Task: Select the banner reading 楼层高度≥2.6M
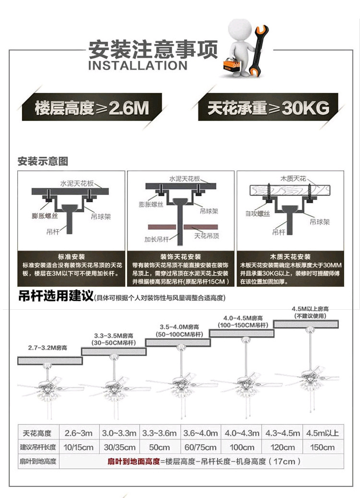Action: (92, 107)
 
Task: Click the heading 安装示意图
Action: (43, 161)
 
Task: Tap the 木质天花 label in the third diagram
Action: (296, 179)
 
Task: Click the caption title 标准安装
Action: (71, 257)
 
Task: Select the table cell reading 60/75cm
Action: (201, 447)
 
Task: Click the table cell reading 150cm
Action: (322, 447)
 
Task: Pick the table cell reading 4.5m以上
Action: (322, 432)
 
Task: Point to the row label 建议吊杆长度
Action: (38, 447)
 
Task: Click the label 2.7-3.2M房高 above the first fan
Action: (48, 347)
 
